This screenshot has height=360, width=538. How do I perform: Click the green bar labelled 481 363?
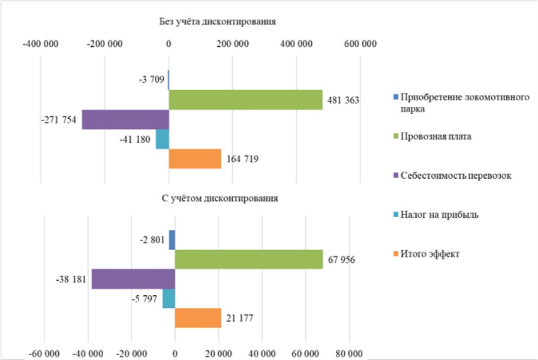pos(245,100)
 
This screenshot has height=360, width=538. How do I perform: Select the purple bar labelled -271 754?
pos(125,119)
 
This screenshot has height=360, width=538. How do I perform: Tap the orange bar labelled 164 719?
pos(195,159)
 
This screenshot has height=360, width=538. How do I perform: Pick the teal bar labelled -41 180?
pos(163,139)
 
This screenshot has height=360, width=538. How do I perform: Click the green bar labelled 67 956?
pos(248,259)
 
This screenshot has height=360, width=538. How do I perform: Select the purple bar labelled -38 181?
pos(133,279)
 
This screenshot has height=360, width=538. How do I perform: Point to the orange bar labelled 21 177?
pos(198,317)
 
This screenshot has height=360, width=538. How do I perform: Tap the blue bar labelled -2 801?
pos(172,240)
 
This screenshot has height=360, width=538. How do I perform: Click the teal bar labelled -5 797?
pos(169,298)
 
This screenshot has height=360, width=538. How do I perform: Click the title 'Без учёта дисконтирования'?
pos(217,22)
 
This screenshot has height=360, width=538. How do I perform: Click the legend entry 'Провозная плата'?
pos(436,136)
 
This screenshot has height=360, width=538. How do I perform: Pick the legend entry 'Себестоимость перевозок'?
pos(455,176)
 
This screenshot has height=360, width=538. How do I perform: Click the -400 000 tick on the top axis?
pos(40,44)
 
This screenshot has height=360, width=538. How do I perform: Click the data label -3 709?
pos(151,80)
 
